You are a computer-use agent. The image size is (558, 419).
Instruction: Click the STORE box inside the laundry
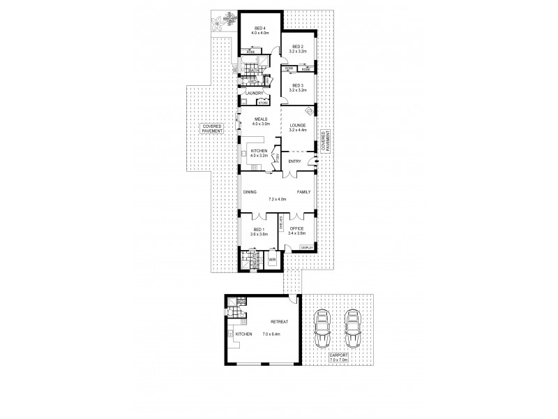pos(262,103)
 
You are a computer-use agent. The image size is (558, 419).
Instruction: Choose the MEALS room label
pos(261,119)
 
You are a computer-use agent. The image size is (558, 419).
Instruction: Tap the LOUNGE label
pos(299,124)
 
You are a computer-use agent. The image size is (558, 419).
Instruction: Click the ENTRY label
pos(294,161)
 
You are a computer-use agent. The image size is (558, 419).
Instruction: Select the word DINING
pos(251,191)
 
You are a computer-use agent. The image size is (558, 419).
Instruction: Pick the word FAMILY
pos(303,191)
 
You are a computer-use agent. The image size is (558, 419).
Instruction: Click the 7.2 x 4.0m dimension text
pos(278,199)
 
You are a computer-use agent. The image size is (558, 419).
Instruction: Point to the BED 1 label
pos(258,229)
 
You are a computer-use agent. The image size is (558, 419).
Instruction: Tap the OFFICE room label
pos(297,229)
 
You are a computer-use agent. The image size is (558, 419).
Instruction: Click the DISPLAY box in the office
pos(306,248)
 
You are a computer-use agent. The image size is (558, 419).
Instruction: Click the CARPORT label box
pos(341,357)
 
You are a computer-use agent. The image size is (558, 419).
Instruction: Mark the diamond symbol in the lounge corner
pos(310,110)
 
